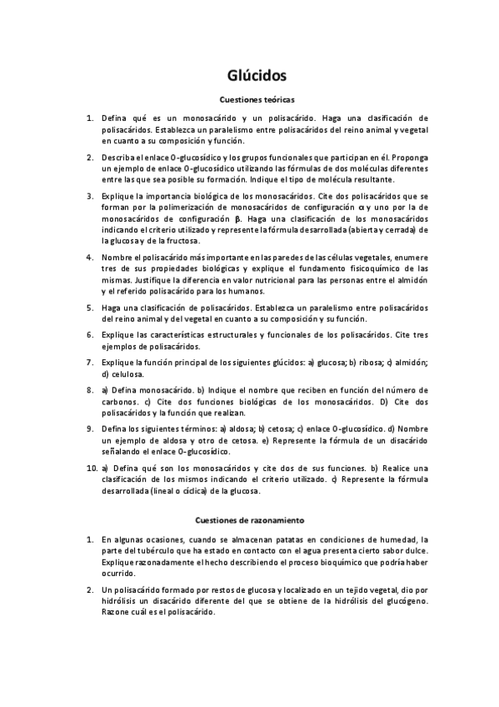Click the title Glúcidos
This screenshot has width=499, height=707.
point(257,76)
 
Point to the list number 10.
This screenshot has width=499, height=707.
point(90,469)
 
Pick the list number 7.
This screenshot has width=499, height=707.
point(90,364)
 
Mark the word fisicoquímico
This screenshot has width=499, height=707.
point(363,270)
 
